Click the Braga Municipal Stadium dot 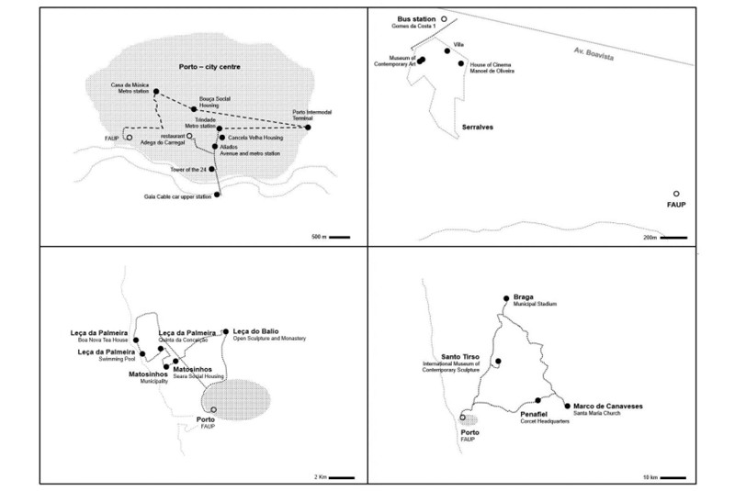tap(505, 298)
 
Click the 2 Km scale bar tap(342, 477)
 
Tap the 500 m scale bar tap(339, 237)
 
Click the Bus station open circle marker tap(443, 18)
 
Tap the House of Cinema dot tap(461, 63)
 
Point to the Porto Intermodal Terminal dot tap(308, 128)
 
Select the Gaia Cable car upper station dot tap(217, 195)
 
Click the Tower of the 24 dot tap(212, 169)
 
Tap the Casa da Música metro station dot tap(156, 92)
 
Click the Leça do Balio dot tap(225, 332)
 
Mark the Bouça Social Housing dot tap(193, 109)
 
